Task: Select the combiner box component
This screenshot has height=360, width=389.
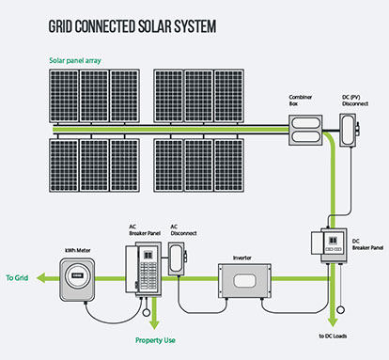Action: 305,126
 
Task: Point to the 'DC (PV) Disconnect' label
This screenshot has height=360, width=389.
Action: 350,101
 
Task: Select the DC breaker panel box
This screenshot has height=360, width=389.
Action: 332,247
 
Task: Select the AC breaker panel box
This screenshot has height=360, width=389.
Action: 148,272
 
